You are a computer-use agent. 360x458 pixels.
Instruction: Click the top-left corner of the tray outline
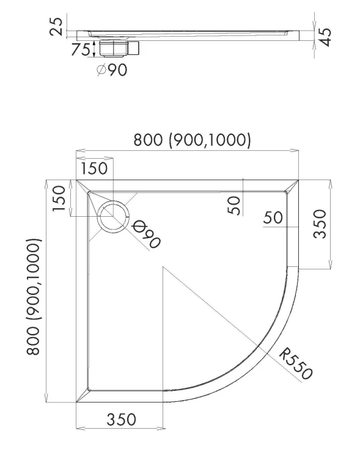[x=76, y=181]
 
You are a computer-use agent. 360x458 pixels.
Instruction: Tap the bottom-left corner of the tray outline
[x=76, y=402]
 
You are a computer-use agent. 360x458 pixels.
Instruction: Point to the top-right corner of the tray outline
[x=299, y=181]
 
